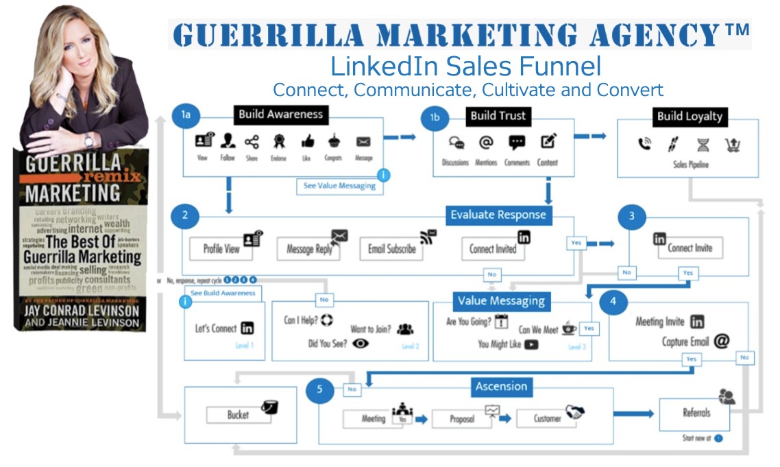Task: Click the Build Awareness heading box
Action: (280, 115)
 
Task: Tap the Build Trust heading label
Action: (498, 116)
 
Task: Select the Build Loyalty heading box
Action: (689, 116)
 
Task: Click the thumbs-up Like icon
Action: (306, 142)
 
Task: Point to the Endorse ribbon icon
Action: (279, 142)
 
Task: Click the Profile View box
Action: (221, 249)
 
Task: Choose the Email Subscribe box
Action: (391, 249)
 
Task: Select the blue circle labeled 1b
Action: (435, 118)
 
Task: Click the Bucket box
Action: (238, 415)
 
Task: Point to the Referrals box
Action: (696, 413)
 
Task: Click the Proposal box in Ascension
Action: (462, 418)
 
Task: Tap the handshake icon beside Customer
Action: (574, 413)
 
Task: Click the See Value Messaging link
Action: (339, 186)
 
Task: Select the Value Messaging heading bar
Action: (501, 300)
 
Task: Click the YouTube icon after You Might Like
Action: (531, 345)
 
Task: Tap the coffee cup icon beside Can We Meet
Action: (569, 328)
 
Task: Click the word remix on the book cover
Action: (124, 176)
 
